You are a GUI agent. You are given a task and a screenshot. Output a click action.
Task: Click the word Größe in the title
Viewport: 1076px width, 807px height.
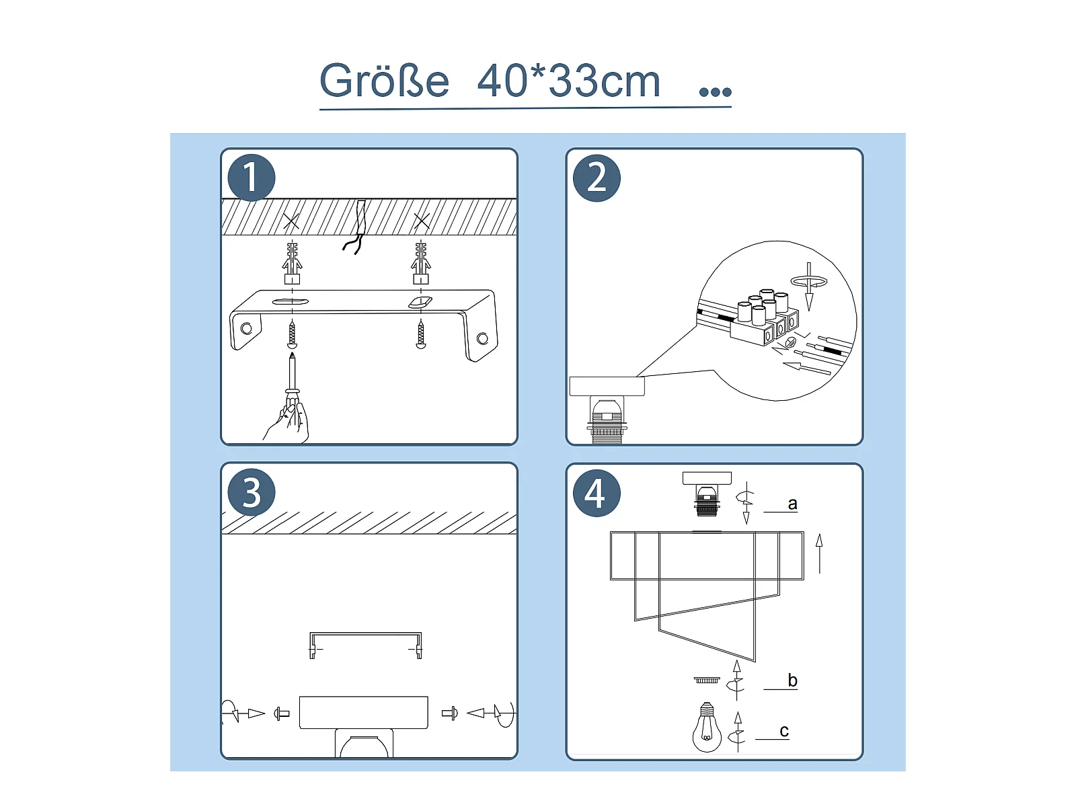(x=384, y=81)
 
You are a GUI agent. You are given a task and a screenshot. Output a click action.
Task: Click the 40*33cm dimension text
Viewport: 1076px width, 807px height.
(x=569, y=81)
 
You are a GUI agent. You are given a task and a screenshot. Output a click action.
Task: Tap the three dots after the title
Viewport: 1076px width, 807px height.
(x=716, y=91)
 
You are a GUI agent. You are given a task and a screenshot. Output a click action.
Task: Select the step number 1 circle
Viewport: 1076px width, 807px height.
(x=251, y=178)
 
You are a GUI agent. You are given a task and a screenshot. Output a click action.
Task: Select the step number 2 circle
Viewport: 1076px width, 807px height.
(x=597, y=178)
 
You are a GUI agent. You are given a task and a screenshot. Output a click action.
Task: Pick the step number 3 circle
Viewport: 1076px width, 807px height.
(x=251, y=492)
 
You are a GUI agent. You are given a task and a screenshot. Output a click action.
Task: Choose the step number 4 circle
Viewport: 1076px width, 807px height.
(x=597, y=493)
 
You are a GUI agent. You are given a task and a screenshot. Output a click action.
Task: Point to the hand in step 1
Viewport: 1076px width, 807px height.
(x=289, y=422)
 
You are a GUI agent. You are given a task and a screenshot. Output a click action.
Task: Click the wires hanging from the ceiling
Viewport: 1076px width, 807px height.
(x=358, y=228)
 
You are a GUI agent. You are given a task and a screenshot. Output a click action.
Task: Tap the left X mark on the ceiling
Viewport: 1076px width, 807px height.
(x=291, y=221)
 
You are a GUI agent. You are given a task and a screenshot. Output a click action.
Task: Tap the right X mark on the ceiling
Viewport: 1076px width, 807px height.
(x=422, y=221)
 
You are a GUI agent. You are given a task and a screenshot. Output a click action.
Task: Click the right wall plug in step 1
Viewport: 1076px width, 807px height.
(x=420, y=263)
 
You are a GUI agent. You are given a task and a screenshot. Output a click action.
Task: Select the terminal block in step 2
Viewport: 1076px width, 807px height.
(x=765, y=319)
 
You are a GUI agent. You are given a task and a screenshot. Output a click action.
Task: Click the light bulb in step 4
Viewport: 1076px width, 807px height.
(x=706, y=727)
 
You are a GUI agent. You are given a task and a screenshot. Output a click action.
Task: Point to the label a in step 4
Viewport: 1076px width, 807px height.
(x=792, y=503)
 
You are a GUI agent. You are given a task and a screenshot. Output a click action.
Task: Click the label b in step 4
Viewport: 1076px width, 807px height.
(x=792, y=680)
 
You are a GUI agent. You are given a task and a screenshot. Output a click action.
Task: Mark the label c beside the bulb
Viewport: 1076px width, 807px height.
(x=784, y=731)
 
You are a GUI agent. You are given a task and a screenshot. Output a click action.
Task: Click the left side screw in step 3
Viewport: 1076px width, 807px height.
(x=281, y=714)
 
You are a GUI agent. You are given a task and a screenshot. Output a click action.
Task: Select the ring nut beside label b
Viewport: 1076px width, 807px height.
(x=707, y=680)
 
